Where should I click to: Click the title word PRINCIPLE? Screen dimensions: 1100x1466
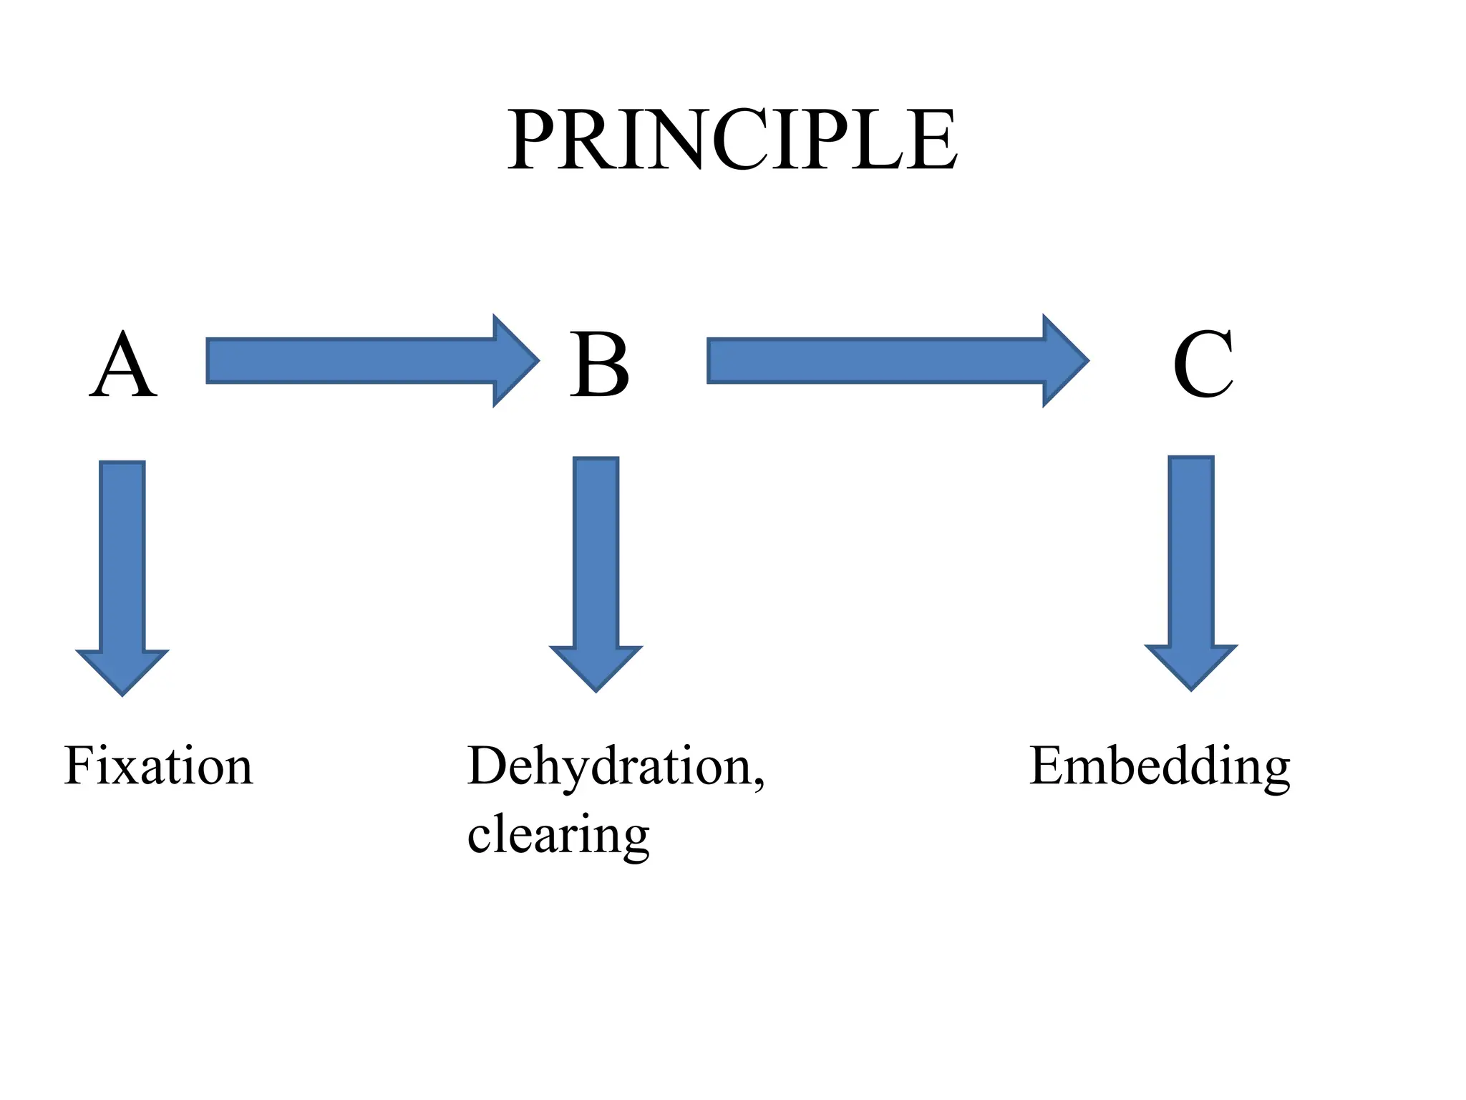[x=732, y=140]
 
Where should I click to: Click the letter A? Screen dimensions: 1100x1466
[x=123, y=365]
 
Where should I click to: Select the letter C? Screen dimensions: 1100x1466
[x=1203, y=365]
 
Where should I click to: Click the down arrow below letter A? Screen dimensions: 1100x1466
[x=122, y=566]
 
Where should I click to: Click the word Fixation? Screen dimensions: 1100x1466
[x=158, y=766]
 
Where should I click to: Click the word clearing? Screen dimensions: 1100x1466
[x=558, y=835]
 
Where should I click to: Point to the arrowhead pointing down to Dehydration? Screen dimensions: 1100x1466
[x=596, y=667]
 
